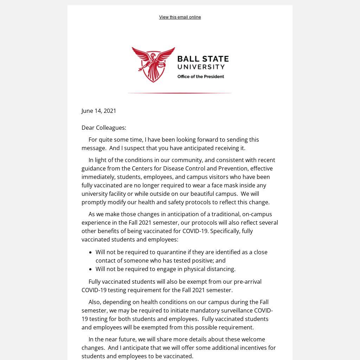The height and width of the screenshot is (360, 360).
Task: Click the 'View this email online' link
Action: pos(180,17)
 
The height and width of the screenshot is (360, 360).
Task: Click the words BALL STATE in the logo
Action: pos(203,59)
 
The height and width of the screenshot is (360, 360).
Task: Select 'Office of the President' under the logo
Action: pos(200,77)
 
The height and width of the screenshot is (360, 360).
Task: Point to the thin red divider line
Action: pos(180,93)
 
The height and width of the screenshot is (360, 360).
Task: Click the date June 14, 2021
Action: pos(99,111)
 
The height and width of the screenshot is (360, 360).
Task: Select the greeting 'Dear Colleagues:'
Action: pos(104,128)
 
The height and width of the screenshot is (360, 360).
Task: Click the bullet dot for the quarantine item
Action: pos(90,252)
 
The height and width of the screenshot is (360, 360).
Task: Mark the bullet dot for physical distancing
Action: pos(90,269)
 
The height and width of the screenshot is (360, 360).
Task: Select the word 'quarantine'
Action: pos(172,252)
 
